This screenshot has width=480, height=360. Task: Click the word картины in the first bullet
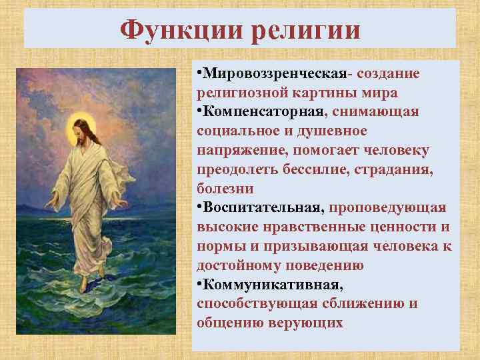pyautogui.click(x=317, y=91)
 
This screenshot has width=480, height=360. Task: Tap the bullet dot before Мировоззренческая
pyautogui.click(x=200, y=71)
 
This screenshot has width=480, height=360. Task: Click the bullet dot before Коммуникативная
pyautogui.click(x=200, y=286)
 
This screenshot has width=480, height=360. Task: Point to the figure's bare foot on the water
pyautogui.click(x=84, y=285)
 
